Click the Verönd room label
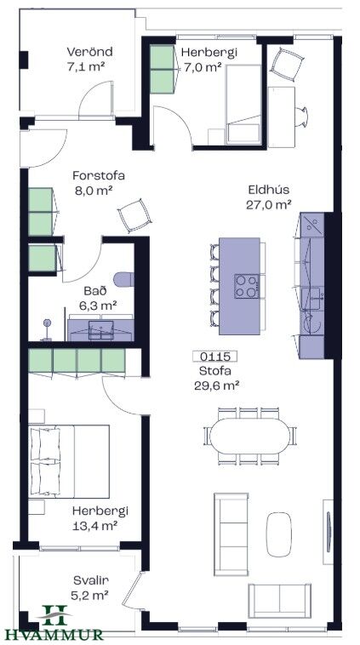(x=89, y=52)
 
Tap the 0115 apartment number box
(x=214, y=357)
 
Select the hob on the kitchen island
(x=247, y=286)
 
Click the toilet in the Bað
(x=124, y=279)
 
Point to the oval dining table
(x=249, y=436)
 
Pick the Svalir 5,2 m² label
(x=91, y=587)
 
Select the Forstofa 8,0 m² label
(x=99, y=182)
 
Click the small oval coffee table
(x=279, y=534)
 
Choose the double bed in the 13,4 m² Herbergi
(x=69, y=461)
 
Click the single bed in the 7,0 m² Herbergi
(x=243, y=105)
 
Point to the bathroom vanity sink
(x=101, y=330)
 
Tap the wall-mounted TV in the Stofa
(x=329, y=532)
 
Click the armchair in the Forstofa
(x=134, y=214)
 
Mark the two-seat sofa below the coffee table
(x=279, y=600)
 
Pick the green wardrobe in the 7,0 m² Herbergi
(x=162, y=69)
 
